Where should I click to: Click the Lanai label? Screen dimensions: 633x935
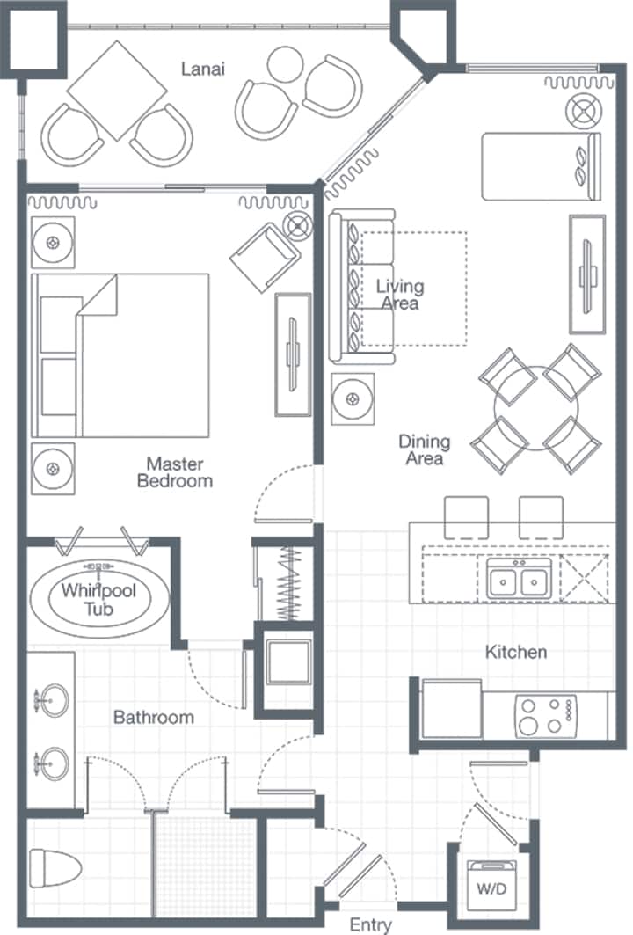click(203, 69)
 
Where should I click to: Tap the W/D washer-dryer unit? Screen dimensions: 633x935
click(491, 886)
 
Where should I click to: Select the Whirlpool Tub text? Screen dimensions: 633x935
click(99, 599)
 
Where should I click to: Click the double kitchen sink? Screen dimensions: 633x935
click(519, 578)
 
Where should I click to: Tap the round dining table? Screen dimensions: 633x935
click(535, 408)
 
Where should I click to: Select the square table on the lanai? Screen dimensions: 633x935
click(117, 91)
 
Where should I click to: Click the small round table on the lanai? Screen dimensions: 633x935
click(286, 64)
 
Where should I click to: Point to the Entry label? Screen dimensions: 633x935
click(371, 924)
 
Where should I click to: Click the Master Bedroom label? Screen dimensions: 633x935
click(175, 472)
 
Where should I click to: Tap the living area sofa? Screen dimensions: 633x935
click(361, 287)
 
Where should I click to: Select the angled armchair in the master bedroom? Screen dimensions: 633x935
click(265, 257)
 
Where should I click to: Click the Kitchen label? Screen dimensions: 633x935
click(516, 652)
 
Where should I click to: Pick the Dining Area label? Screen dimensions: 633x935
click(424, 449)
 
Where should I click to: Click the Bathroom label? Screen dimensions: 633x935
click(154, 717)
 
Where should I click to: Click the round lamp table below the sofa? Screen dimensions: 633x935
click(353, 399)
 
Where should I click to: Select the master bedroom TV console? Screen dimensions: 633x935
click(293, 354)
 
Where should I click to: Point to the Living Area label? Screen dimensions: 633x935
click(400, 295)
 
